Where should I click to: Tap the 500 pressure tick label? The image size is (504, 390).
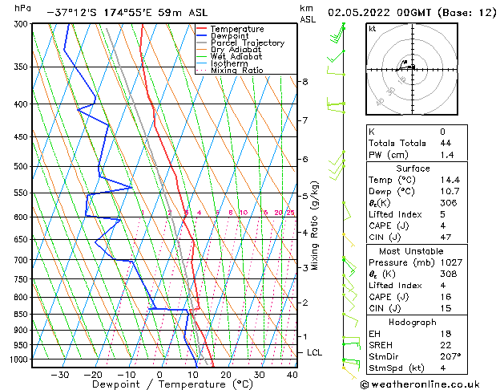coord(19,167)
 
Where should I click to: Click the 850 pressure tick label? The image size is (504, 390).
coord(19,314)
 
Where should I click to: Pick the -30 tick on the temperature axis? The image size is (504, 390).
coord(60,375)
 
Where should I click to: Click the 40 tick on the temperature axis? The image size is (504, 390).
coord(292,375)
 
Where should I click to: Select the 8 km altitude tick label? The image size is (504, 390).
coord(304,82)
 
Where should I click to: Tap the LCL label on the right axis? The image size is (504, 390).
coord(315,352)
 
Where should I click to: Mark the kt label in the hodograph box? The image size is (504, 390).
coord(372,28)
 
